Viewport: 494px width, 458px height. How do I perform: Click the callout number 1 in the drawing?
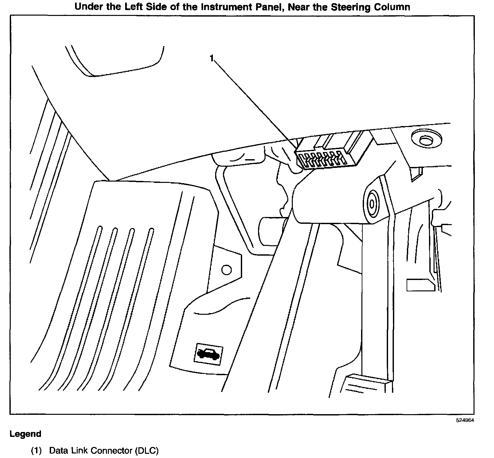212,59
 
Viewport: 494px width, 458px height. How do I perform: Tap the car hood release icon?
208,353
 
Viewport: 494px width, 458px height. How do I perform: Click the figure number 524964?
465,420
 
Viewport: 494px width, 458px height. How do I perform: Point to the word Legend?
25,434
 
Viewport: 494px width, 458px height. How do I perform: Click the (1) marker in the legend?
36,451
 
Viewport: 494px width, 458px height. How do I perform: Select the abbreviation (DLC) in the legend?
146,451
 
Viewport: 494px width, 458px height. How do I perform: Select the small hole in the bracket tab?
226,270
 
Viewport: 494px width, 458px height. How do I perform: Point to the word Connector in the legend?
111,451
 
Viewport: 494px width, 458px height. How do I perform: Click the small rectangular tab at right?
421,285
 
